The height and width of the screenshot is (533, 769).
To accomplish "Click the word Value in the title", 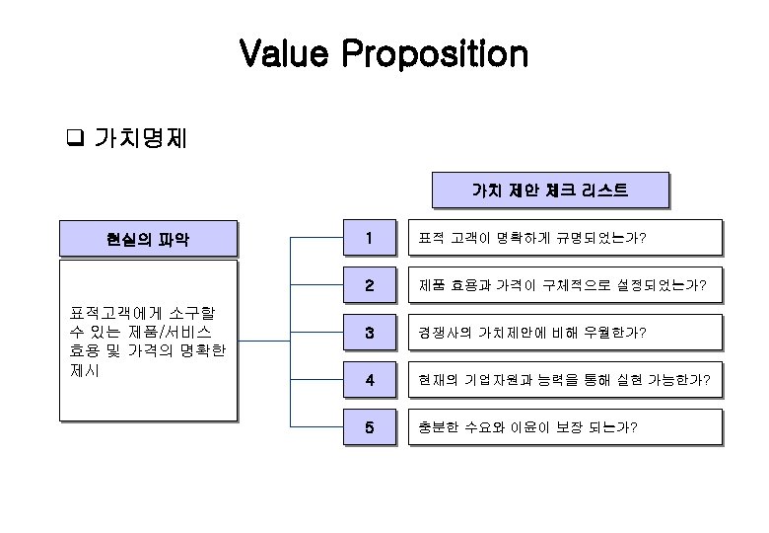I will pyautogui.click(x=285, y=54).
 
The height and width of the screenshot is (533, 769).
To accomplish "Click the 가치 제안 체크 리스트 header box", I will pyautogui.click(x=550, y=190).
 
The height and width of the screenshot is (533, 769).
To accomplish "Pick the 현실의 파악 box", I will pyautogui.click(x=148, y=238).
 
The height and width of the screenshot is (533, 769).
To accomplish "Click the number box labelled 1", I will pyautogui.click(x=368, y=238).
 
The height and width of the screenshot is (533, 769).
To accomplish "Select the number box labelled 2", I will pyautogui.click(x=368, y=285).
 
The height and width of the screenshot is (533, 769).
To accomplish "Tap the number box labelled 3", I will pyautogui.click(x=368, y=333).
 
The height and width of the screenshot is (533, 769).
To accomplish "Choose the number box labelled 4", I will pyautogui.click(x=368, y=380).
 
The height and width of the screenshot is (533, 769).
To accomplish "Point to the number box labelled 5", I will pyautogui.click(x=368, y=427).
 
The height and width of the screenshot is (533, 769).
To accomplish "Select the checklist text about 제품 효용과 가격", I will pyautogui.click(x=562, y=285).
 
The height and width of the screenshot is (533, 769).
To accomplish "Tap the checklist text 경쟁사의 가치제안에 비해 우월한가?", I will pyautogui.click(x=532, y=333).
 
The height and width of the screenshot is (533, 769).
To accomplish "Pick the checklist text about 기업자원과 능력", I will pyautogui.click(x=565, y=380).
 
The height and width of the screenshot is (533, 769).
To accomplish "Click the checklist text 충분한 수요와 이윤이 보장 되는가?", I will pyautogui.click(x=527, y=427).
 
